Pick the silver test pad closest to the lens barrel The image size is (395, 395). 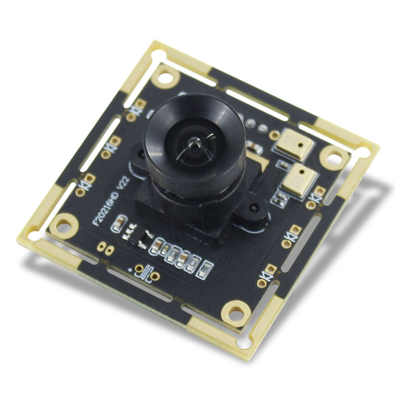point(251,121)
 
